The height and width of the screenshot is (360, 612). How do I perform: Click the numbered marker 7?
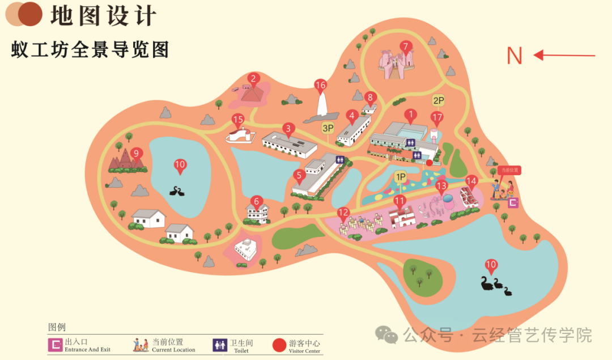coord(405,46)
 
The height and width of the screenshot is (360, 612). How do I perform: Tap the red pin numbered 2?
coord(253,79)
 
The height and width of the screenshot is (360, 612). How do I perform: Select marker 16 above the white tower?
coord(321,86)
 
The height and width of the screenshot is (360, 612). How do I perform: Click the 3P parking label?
coord(328,128)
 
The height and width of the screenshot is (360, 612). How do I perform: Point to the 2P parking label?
coord(438,100)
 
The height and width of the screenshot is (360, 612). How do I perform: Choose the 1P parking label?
coord(401,177)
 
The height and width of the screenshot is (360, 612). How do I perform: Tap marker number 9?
coord(135,153)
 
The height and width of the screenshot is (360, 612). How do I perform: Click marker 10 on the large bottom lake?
coord(491,265)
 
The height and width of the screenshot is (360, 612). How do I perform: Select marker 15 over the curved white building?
coord(238,120)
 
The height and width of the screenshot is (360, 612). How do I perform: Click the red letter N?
coord(514,56)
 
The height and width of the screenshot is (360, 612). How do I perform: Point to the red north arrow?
coord(564,55)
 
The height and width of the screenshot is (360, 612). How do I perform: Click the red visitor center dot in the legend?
coord(279,345)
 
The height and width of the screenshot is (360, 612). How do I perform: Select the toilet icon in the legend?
coord(220,345)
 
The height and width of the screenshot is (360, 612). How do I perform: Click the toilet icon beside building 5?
coord(341,160)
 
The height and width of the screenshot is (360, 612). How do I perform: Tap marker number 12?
coord(343,213)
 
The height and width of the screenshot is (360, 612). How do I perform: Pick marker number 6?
coord(257,201)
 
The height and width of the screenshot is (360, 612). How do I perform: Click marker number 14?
coord(471,181)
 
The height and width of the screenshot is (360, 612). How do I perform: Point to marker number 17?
coord(436,118)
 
